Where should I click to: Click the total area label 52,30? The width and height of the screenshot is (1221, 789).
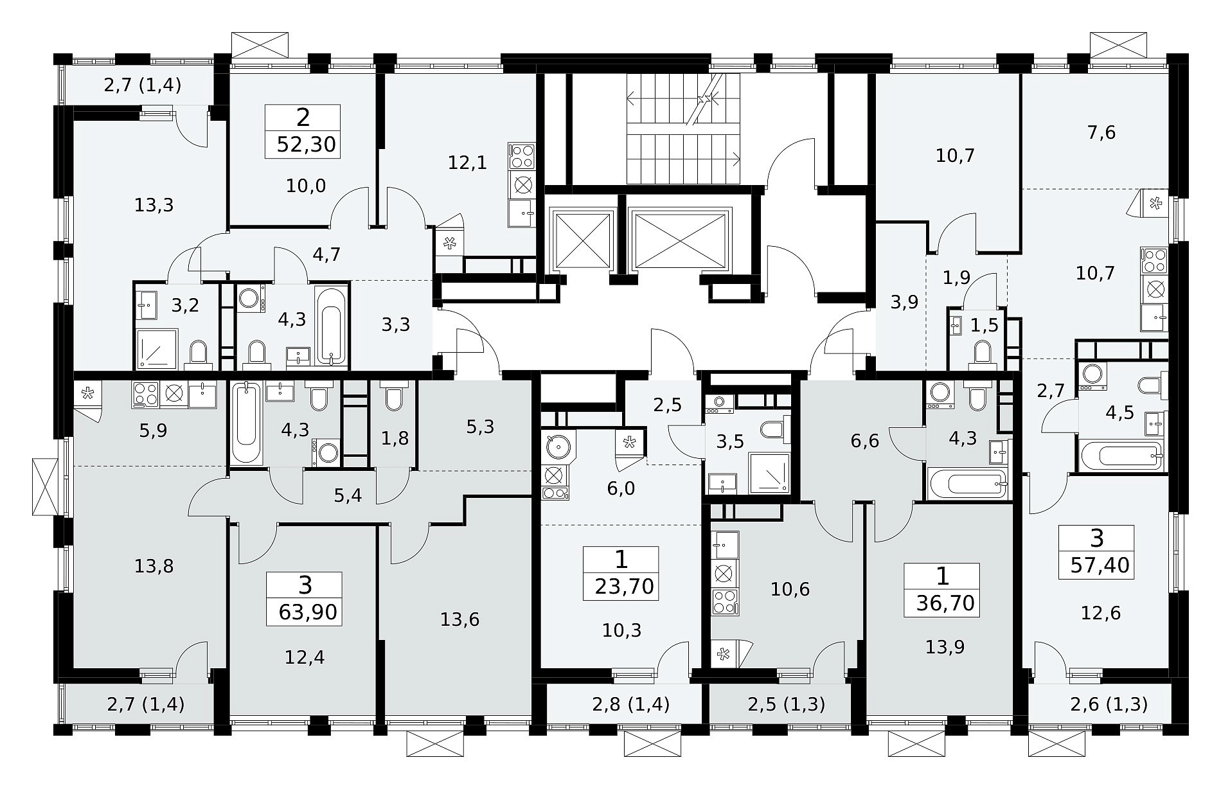point(306,145)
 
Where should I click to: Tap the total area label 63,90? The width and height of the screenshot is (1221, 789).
point(308,612)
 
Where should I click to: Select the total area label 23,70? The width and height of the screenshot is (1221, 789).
point(625,587)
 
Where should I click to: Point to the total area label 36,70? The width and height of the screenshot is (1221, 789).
point(945,603)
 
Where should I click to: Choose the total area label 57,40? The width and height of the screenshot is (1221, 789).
point(1100,565)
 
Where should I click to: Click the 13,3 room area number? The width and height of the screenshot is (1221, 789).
point(154,206)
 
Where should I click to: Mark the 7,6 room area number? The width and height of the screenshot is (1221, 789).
point(1101,133)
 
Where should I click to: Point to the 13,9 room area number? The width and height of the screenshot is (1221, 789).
point(945,648)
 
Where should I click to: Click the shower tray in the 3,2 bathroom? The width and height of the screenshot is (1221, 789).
point(156,349)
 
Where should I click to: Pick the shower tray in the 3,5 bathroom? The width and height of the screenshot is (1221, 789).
point(769,474)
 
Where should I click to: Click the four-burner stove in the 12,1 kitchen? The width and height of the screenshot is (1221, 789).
point(522,156)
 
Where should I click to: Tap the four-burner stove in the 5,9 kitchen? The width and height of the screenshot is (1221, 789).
point(145,394)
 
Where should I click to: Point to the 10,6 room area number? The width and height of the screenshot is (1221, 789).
point(790,589)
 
